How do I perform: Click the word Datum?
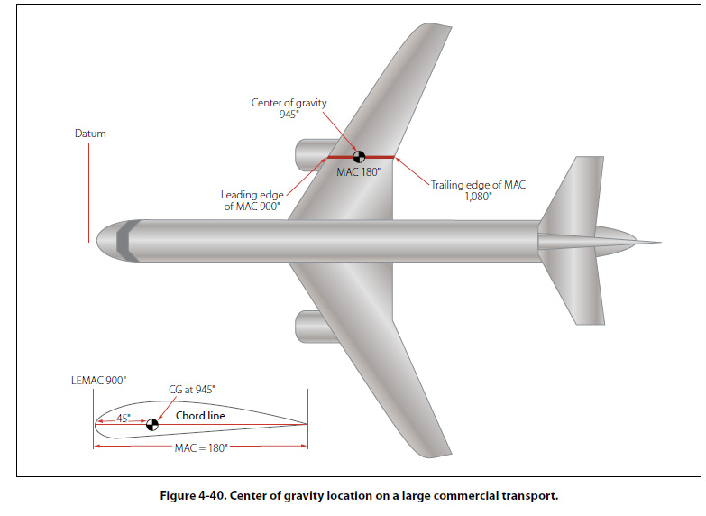(90, 134)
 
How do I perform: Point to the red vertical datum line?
(89, 194)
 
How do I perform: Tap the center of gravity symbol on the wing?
(359, 158)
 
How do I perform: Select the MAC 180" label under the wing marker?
(359, 171)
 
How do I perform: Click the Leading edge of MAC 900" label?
(252, 200)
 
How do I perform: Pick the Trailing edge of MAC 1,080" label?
(478, 190)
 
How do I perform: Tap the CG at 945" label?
(192, 389)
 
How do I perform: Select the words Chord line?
(200, 416)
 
